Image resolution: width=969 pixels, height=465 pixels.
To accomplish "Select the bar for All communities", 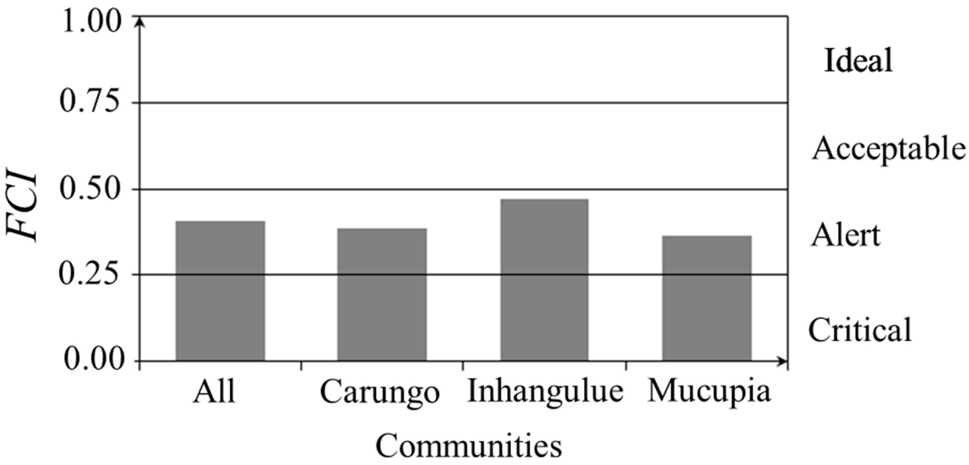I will [220, 291].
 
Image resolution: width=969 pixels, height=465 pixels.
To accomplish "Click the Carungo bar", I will [382, 295].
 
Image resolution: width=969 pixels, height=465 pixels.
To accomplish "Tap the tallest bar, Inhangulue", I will [544, 280].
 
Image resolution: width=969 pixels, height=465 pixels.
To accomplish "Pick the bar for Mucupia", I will [707, 299].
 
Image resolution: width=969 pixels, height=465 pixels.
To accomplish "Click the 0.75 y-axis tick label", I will [90, 102].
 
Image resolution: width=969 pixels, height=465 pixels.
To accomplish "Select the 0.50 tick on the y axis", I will [90, 189].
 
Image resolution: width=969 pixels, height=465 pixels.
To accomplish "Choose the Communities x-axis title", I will [469, 446].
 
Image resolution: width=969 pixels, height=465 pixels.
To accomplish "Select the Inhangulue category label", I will [545, 392].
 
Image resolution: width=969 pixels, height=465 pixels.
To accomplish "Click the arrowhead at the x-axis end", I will [783, 362].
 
